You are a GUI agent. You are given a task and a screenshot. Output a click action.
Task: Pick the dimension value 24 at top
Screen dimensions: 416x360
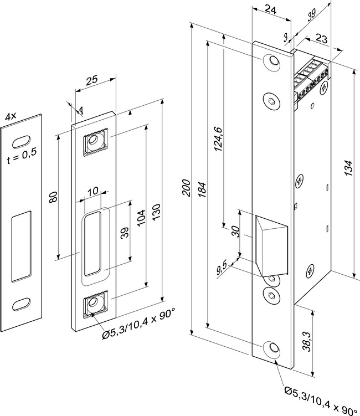[x=270, y=9]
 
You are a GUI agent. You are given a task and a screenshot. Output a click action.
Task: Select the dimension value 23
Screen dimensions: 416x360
[x=322, y=39]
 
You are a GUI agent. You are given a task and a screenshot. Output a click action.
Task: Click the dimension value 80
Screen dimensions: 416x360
[x=53, y=197]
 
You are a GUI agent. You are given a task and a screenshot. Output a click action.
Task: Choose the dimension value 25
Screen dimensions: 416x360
[x=92, y=80]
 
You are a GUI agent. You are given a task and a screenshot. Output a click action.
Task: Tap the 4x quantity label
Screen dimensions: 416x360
[x=11, y=117]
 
